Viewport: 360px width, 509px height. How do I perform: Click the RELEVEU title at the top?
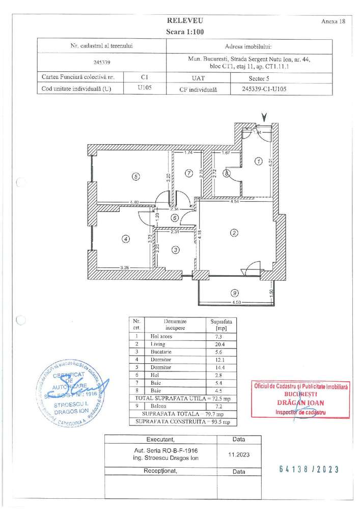click(x=184, y=21)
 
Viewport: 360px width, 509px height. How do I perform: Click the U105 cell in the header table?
click(x=145, y=87)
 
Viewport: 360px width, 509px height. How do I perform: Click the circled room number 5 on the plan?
click(x=135, y=177)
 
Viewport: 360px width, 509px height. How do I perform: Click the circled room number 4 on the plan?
click(x=125, y=237)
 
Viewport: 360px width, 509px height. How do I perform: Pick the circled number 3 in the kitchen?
click(x=176, y=250)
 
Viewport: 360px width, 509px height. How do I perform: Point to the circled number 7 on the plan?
click(x=189, y=173)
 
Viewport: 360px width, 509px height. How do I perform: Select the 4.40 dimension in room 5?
click(x=134, y=202)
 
